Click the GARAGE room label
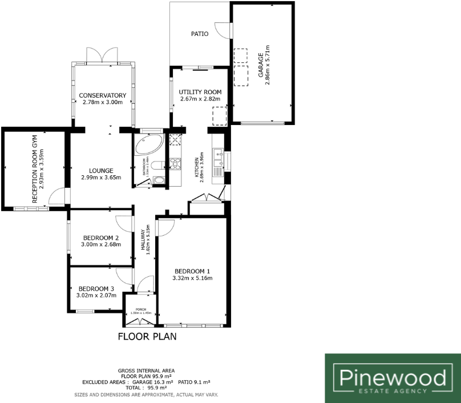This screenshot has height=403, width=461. coord(261,66)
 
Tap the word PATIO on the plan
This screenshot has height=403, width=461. coord(199,34)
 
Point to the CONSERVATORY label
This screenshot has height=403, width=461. coord(103,95)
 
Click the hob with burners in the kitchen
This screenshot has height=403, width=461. coord(176,163)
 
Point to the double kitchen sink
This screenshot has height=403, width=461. coord(218,159)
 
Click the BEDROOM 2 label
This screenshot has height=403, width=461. coord(100,238)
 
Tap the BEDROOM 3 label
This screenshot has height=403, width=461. coord(96,288)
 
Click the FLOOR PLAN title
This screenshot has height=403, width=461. coord(147,336)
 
